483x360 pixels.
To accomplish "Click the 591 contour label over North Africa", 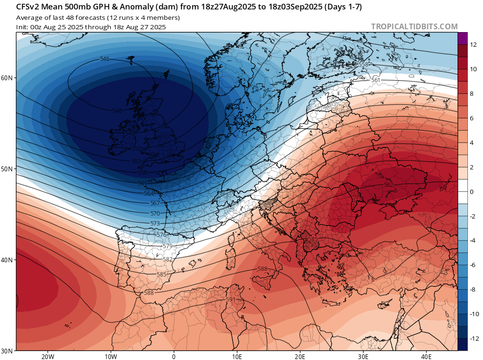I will click(x=231, y=300).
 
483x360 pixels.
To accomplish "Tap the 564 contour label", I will click(x=149, y=193).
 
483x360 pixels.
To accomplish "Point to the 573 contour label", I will click(x=155, y=223).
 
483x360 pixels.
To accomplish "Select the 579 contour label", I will click(x=167, y=246).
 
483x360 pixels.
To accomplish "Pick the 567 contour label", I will click(x=154, y=203).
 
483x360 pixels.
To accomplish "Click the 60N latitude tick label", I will click(x=8, y=78).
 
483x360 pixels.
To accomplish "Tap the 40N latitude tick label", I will click(x=8, y=260).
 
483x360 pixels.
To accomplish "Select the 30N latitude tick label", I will click(x=8, y=351).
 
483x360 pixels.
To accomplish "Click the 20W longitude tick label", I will click(x=48, y=356).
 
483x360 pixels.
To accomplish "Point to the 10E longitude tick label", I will click(x=237, y=356).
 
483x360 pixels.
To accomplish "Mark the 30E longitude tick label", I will click(x=363, y=356).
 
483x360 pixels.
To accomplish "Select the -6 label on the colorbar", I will click(x=473, y=265).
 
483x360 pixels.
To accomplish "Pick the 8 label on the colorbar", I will click(x=473, y=94).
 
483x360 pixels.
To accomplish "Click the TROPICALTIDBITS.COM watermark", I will click(x=414, y=26).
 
